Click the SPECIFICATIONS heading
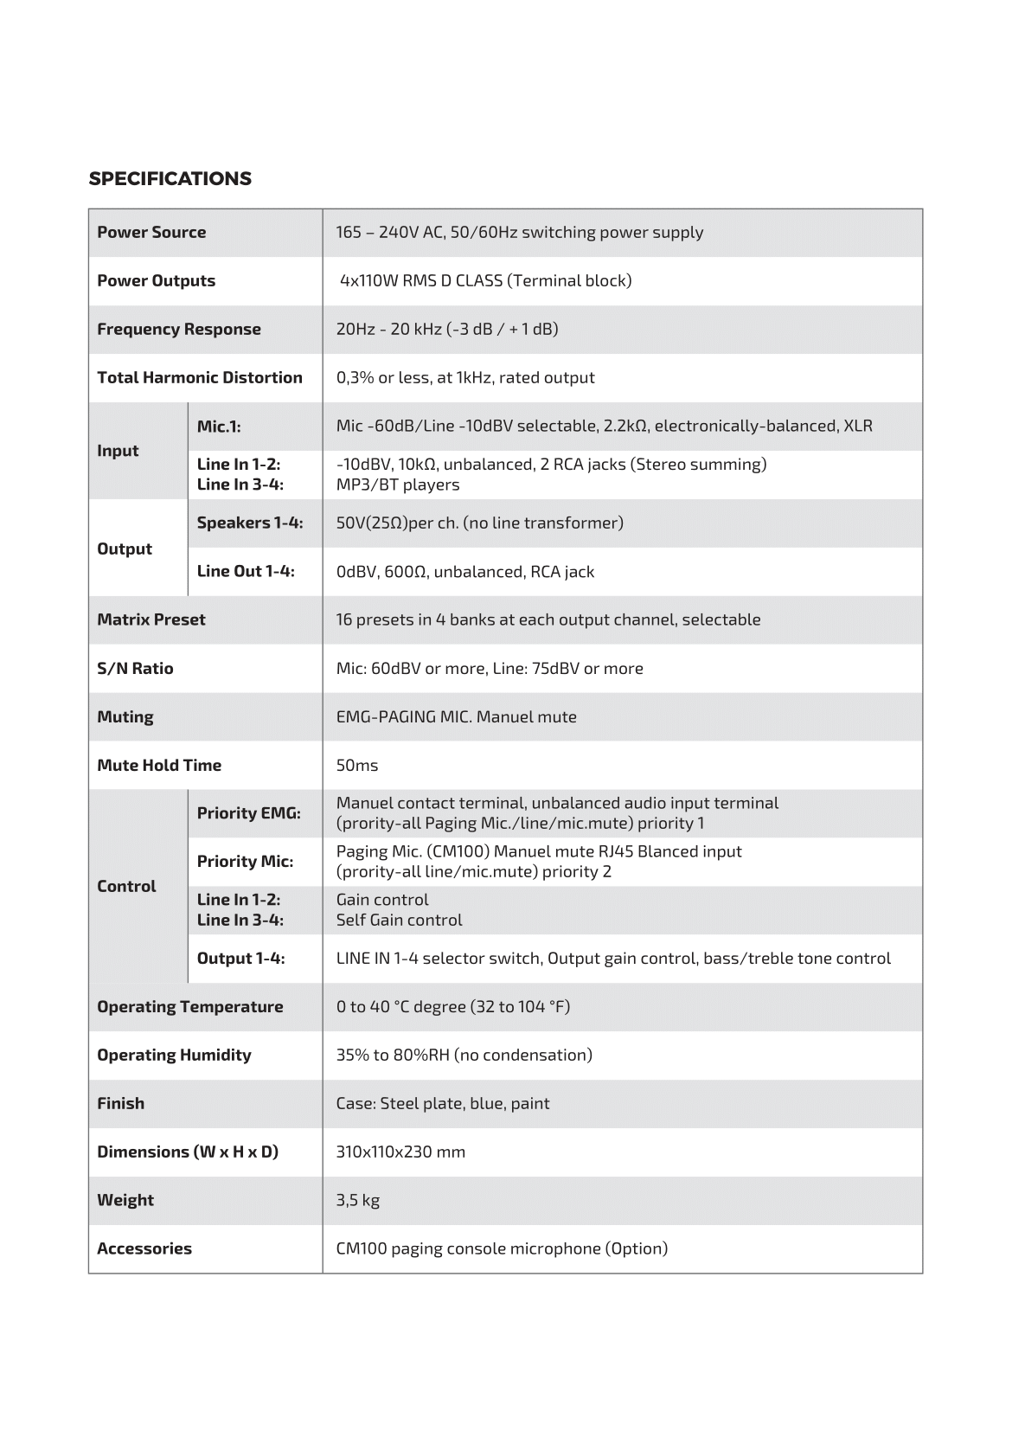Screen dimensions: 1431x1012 [x=170, y=179]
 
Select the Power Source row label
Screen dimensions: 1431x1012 [x=151, y=232]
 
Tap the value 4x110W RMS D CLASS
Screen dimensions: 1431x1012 [x=485, y=280]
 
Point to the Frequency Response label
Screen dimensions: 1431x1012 [x=178, y=329]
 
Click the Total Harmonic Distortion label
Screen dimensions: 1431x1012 [x=199, y=377]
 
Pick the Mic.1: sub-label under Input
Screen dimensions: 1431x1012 [x=219, y=426]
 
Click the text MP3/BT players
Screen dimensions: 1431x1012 [x=397, y=484]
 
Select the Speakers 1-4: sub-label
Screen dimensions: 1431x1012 [x=249, y=523]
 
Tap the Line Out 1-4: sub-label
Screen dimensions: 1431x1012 [x=246, y=571]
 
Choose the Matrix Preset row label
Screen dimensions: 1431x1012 [x=151, y=619]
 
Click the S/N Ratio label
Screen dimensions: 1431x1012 [x=135, y=668]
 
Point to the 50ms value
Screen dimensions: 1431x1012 [x=356, y=765]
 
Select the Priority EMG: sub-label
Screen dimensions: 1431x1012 [x=248, y=813]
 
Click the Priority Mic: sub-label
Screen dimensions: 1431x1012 [x=245, y=861]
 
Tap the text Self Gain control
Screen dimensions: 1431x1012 [x=399, y=920]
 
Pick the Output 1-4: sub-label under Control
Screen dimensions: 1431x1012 [x=240, y=958]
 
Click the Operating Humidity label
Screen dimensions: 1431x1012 [x=174, y=1055]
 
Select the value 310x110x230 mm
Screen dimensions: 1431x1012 [x=400, y=1152]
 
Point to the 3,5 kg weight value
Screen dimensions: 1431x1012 [x=357, y=1200]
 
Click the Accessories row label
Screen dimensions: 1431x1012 [x=144, y=1248]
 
